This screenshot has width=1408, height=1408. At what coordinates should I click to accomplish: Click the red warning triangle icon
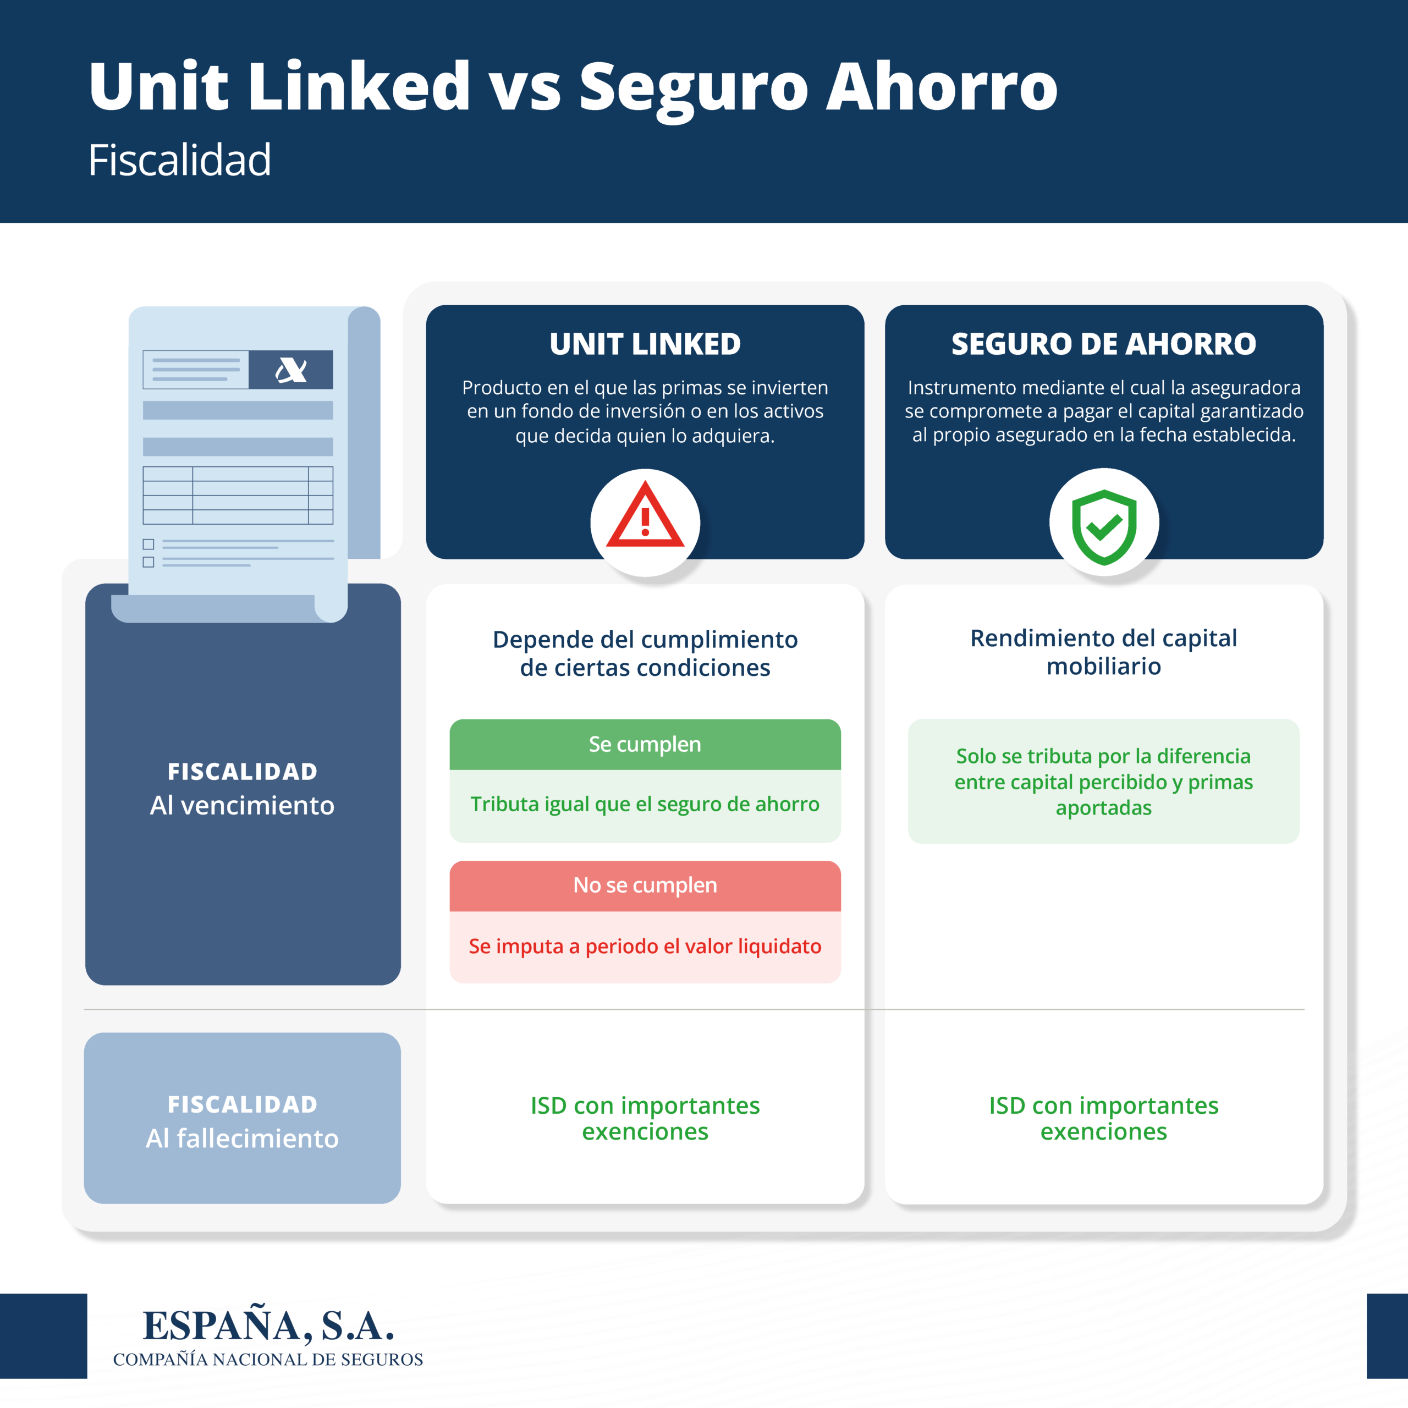pyautogui.click(x=645, y=515)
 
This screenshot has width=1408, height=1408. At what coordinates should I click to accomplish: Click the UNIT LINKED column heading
pyautogui.click(x=645, y=344)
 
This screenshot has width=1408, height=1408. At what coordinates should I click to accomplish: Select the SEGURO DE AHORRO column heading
pyautogui.click(x=1103, y=344)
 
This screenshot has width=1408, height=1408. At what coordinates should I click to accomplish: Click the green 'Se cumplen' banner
pyautogui.click(x=645, y=744)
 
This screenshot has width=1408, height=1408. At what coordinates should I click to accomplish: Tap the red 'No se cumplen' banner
pyautogui.click(x=645, y=886)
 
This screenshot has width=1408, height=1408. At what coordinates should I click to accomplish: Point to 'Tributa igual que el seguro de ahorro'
pyautogui.click(x=645, y=804)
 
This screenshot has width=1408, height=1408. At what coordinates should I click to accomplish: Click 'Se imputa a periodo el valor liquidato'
pyautogui.click(x=645, y=946)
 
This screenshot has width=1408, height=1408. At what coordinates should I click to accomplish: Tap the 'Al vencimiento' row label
pyautogui.click(x=242, y=805)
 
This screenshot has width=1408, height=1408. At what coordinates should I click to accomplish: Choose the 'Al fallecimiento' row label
pyautogui.click(x=242, y=1138)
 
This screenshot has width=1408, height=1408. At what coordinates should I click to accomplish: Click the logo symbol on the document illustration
pyautogui.click(x=291, y=370)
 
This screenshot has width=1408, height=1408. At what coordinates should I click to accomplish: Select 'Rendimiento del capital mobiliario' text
pyautogui.click(x=1103, y=652)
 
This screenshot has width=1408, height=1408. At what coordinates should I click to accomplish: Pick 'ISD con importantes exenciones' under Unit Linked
pyautogui.click(x=645, y=1119)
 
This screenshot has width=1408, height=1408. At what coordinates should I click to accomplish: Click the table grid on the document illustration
pyautogui.click(x=238, y=496)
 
